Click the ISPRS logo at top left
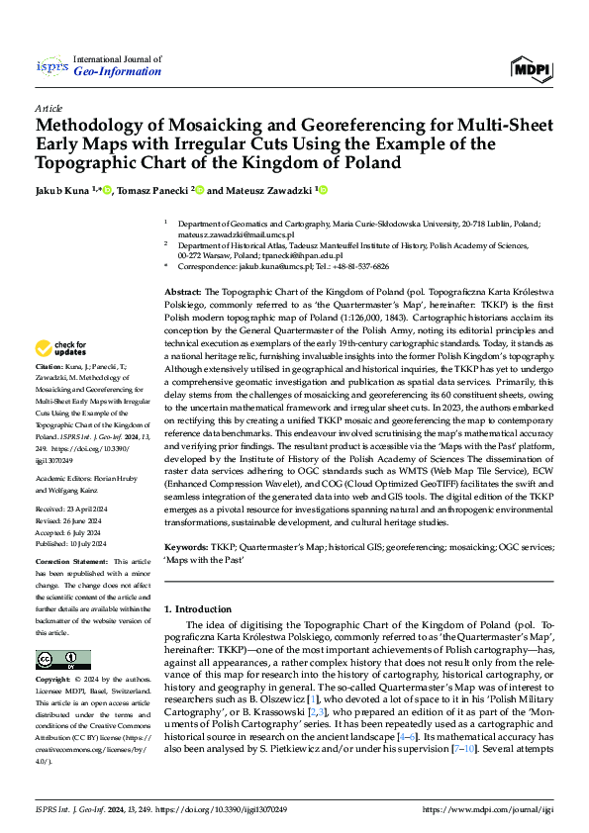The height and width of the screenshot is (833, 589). click(x=49, y=66)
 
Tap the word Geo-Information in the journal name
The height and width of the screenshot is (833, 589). click(x=123, y=72)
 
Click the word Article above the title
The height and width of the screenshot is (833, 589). click(x=47, y=107)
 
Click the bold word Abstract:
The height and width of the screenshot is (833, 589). click(x=182, y=294)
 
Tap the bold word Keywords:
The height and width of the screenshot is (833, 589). click(x=186, y=547)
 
